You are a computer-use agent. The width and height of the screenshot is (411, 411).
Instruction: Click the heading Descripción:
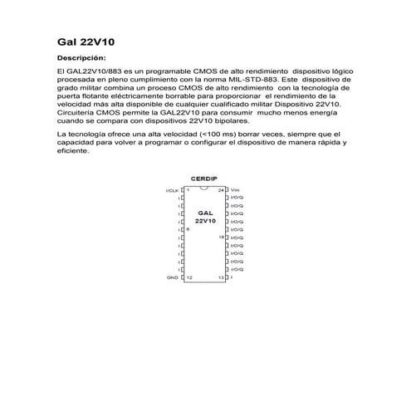click(x=81, y=59)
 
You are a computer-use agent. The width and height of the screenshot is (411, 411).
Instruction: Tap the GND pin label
click(x=173, y=276)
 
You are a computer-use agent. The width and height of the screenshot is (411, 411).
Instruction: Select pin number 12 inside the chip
click(x=189, y=276)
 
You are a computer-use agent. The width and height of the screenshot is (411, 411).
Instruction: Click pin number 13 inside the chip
click(x=221, y=276)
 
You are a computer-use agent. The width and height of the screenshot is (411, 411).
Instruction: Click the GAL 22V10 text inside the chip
click(x=205, y=218)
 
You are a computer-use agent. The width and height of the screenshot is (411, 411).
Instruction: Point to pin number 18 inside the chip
click(x=221, y=237)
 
